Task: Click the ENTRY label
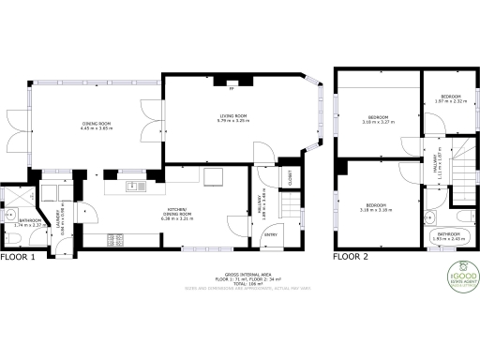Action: coord(270,235)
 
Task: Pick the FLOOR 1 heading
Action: coord(18,256)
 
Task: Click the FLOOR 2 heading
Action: coord(352,256)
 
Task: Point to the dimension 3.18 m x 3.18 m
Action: coord(376,210)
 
